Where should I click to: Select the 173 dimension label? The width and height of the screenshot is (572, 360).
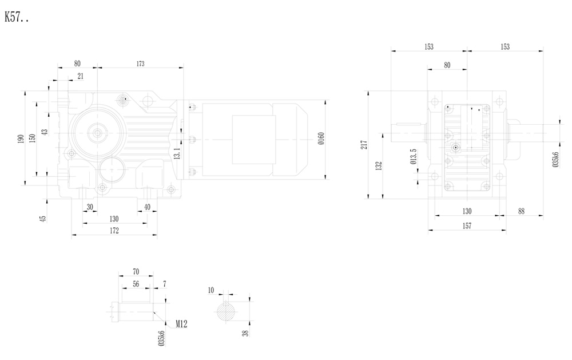[140, 64]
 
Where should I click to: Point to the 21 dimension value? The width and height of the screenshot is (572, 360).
[80, 76]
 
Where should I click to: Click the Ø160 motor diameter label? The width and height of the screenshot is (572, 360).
[321, 139]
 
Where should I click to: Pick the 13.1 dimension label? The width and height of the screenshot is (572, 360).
[178, 154]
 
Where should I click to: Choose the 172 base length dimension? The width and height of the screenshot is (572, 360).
[114, 231]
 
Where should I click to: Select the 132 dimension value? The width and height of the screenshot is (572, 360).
[379, 166]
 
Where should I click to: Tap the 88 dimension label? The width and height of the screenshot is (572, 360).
[521, 211]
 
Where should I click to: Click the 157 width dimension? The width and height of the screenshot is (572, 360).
[467, 226]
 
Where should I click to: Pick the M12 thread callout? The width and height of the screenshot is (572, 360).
[181, 324]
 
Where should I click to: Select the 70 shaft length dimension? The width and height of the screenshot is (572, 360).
[136, 271]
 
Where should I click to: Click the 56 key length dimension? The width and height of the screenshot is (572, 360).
[136, 283]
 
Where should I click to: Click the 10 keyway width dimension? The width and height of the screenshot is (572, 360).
[211, 291]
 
